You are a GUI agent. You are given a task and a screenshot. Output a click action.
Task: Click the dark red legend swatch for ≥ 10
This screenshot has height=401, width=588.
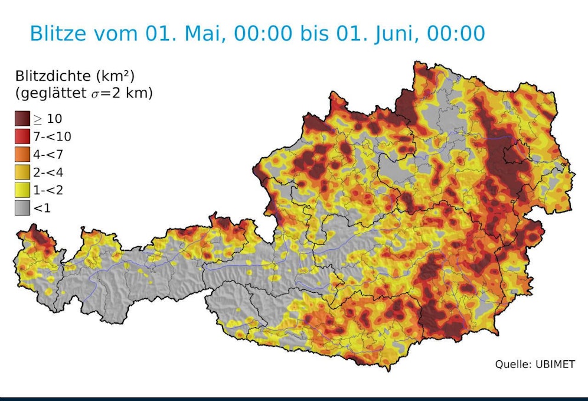click(x=22, y=119)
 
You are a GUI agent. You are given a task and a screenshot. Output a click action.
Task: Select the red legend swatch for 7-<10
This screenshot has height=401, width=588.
click(x=22, y=136)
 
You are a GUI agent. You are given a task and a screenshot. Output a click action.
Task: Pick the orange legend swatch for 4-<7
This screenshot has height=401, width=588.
click(x=22, y=154)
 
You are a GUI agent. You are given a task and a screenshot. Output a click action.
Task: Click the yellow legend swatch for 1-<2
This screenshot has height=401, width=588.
click(x=22, y=190)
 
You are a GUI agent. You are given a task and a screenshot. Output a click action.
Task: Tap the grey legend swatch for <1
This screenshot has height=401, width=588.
click(x=22, y=207)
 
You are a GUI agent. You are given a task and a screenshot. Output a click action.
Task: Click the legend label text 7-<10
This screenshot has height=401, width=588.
click(x=53, y=136)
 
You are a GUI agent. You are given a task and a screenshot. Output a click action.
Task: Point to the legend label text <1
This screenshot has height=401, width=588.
click(x=43, y=207)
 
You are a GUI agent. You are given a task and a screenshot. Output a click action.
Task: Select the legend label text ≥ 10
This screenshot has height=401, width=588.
click(x=47, y=119)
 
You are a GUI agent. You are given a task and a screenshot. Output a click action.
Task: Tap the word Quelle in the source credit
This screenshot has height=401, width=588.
click(x=511, y=364)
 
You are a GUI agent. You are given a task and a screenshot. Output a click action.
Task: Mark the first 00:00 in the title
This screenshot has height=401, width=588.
click(x=263, y=33)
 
